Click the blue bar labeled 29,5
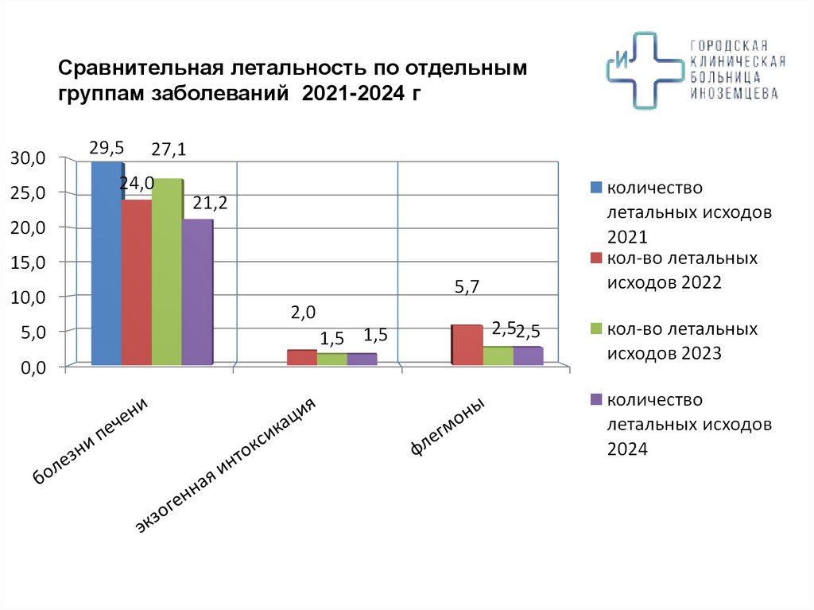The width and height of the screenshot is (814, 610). click(x=106, y=262)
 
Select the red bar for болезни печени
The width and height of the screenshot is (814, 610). click(x=136, y=282)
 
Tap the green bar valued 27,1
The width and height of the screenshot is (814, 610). click(x=166, y=271)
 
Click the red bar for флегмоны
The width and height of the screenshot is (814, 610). click(x=466, y=345)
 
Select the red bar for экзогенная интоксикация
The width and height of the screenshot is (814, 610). click(x=301, y=357)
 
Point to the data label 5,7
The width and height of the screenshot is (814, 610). click(x=468, y=287)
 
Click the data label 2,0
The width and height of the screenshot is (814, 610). click(x=303, y=313)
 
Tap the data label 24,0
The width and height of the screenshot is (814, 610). click(x=137, y=184)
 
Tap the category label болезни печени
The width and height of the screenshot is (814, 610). click(x=90, y=441)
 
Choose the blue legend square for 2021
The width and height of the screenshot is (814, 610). click(x=595, y=188)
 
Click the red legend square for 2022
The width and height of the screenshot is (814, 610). click(x=595, y=258)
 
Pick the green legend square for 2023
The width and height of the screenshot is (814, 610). click(x=595, y=328)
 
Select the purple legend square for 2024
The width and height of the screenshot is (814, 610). click(x=595, y=399)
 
